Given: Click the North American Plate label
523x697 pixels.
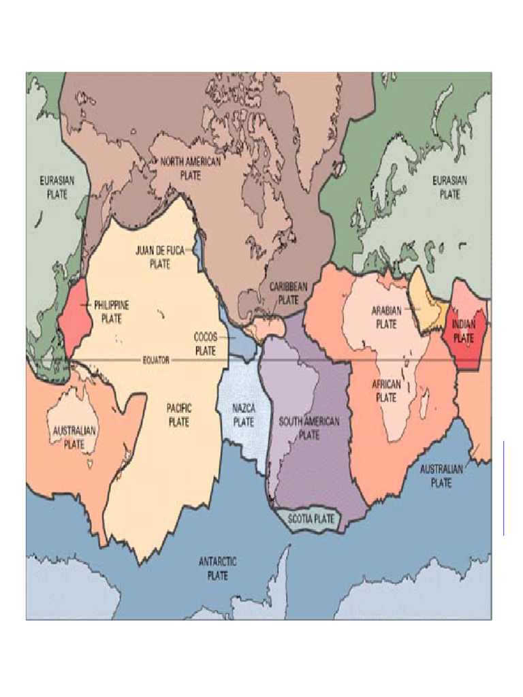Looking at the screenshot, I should (x=191, y=167).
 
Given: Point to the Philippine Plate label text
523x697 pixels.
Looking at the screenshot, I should (x=112, y=312).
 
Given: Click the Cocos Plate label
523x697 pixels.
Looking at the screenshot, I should (x=205, y=344).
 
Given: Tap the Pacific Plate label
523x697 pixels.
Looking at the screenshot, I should (x=179, y=415).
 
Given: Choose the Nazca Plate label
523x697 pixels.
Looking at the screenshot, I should (x=244, y=415).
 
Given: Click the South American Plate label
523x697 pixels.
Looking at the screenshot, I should (x=308, y=427).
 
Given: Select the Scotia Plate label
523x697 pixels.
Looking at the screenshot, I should (x=311, y=519).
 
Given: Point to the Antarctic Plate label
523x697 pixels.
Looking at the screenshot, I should (x=217, y=568).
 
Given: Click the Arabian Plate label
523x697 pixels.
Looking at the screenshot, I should (x=386, y=317).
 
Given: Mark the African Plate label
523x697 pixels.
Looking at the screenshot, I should (x=386, y=391).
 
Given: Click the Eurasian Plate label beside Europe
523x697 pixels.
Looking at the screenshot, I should (x=449, y=187).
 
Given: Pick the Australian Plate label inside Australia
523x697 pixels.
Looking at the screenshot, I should (x=74, y=438).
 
